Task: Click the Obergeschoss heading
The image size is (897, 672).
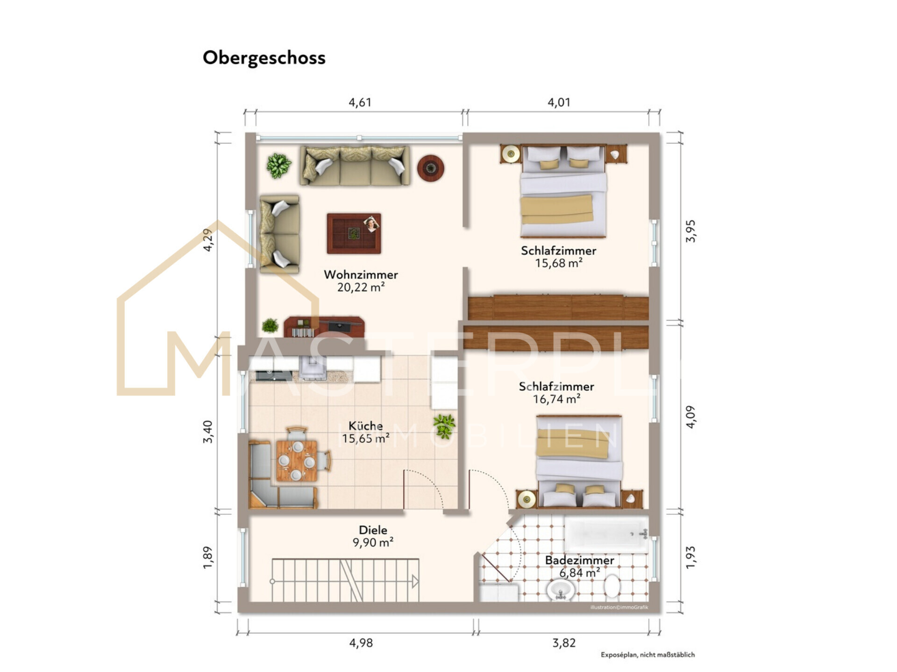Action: click(x=264, y=58)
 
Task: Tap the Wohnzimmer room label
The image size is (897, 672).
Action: click(x=361, y=274)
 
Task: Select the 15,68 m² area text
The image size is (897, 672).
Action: click(x=558, y=263)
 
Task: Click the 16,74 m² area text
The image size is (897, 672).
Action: click(x=556, y=399)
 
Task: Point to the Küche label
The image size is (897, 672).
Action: click(x=365, y=426)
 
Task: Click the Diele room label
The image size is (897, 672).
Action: click(x=372, y=530)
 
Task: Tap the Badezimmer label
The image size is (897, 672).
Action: click(x=579, y=560)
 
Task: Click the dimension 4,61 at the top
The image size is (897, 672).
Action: click(x=360, y=102)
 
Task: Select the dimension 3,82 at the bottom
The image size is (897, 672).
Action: click(x=563, y=643)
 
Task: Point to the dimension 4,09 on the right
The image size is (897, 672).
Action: click(x=691, y=416)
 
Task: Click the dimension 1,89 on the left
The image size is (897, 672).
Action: click(x=208, y=557)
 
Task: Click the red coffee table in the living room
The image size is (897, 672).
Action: click(x=354, y=233)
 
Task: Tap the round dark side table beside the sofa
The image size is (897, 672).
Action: click(x=430, y=168)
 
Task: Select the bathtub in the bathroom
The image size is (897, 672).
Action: click(x=605, y=534)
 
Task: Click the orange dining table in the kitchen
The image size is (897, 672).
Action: click(x=296, y=461)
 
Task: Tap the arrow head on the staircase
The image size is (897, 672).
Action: click(x=415, y=581)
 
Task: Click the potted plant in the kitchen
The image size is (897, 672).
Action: click(x=443, y=426)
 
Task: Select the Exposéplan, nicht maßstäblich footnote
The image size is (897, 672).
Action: click(x=648, y=655)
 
